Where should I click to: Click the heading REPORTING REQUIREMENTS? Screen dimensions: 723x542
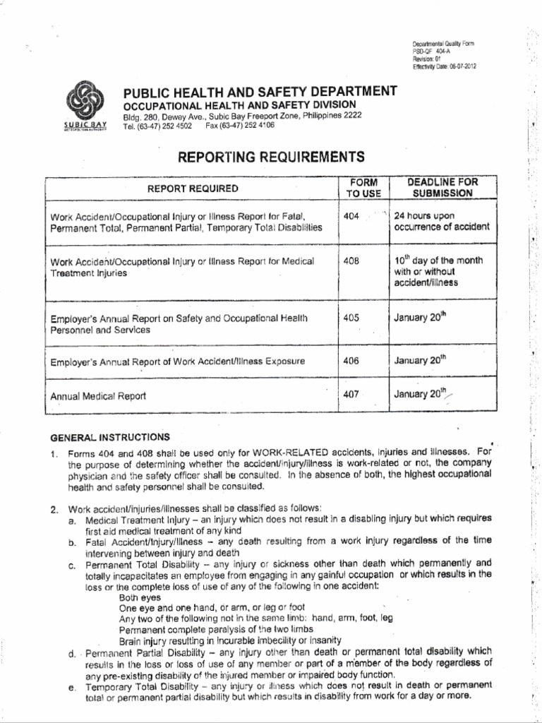(271, 157)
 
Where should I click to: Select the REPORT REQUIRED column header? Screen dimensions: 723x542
(193, 189)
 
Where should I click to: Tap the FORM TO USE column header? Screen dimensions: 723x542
(363, 188)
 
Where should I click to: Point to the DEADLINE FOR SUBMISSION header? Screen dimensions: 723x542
(443, 187)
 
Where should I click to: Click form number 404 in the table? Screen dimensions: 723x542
(351, 216)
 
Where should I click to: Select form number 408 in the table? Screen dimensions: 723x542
(351, 261)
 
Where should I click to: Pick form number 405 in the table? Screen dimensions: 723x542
(351, 318)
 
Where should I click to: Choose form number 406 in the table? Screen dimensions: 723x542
(351, 361)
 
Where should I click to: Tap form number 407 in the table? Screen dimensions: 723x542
(351, 395)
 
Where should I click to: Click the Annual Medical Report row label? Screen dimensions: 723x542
(98, 396)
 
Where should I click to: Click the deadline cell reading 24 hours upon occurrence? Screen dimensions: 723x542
(441, 222)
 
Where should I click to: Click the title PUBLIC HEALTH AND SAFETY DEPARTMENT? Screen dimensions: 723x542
(260, 90)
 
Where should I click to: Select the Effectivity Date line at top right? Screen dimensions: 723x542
(444, 66)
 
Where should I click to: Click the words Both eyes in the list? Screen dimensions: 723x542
(140, 597)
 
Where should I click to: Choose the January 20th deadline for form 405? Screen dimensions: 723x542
(421, 318)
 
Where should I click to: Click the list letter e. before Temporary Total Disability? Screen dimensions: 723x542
(72, 686)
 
